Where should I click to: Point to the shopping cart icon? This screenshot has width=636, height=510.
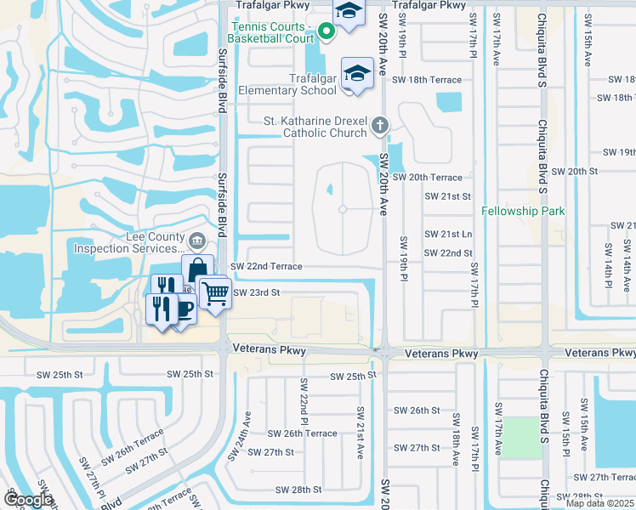216,293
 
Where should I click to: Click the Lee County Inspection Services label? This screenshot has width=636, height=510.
128,243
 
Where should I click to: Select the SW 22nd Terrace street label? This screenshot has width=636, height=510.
265,266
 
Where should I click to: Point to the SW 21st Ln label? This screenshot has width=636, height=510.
448,234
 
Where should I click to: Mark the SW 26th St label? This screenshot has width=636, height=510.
416,410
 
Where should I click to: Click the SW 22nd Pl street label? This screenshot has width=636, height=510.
303,399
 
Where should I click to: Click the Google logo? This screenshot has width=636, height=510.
28,501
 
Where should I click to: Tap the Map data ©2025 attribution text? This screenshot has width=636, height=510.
599,503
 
